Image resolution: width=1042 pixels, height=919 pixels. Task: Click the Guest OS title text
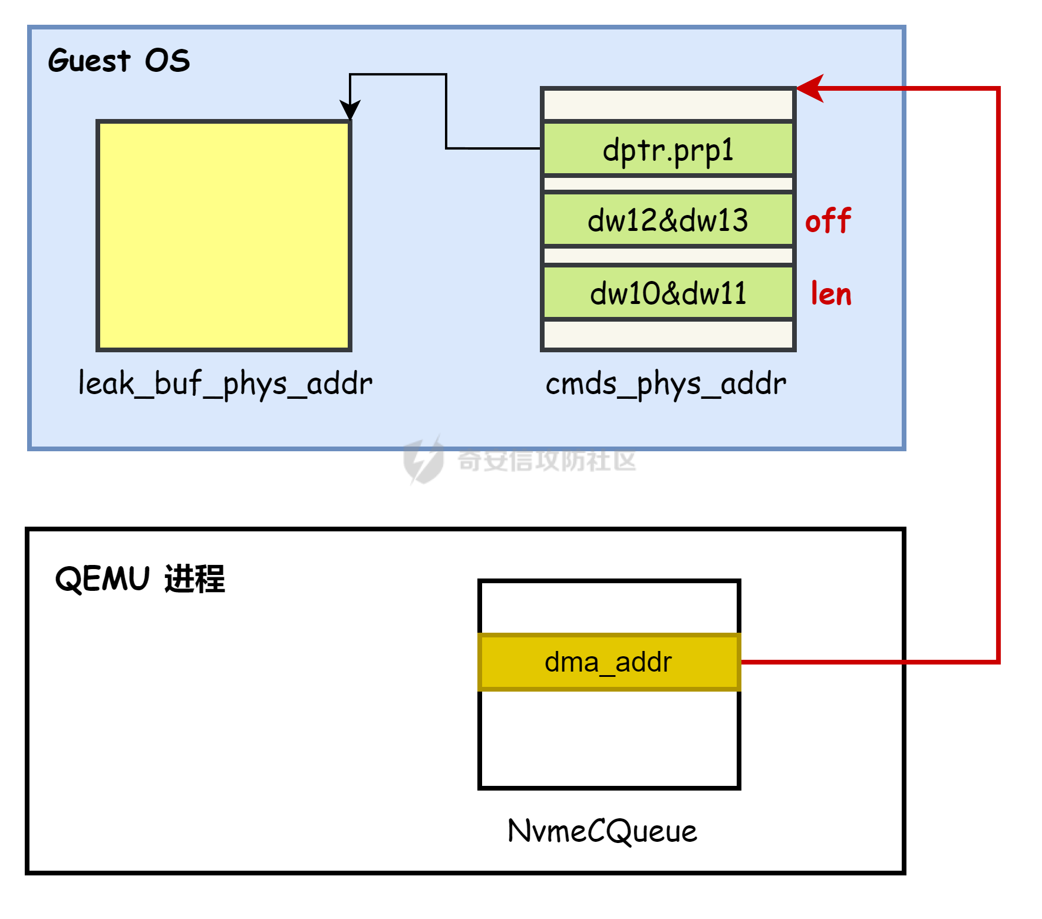(x=119, y=61)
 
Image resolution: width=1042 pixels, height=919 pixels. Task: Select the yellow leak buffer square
(x=224, y=236)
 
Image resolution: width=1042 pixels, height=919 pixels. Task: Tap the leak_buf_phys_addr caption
(x=225, y=384)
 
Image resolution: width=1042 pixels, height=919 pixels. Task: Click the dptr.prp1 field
(x=668, y=149)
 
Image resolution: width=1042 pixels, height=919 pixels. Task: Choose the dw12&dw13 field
(x=668, y=220)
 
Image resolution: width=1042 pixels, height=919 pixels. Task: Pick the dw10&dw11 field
(x=668, y=293)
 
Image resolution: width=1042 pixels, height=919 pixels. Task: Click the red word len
(x=831, y=293)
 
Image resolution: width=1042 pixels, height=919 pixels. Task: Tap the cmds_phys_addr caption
(x=666, y=384)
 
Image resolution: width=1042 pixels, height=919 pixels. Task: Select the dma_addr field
(x=609, y=662)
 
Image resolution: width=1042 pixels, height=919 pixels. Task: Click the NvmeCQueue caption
(x=602, y=831)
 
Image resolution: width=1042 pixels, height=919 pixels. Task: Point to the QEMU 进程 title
(x=140, y=578)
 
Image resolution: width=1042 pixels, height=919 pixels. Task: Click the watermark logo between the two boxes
(x=423, y=461)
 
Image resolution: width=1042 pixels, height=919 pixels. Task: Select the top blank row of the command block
(x=668, y=104)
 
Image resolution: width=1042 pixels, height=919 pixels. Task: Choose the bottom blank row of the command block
(x=668, y=334)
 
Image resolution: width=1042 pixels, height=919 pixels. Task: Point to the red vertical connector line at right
(x=998, y=377)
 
